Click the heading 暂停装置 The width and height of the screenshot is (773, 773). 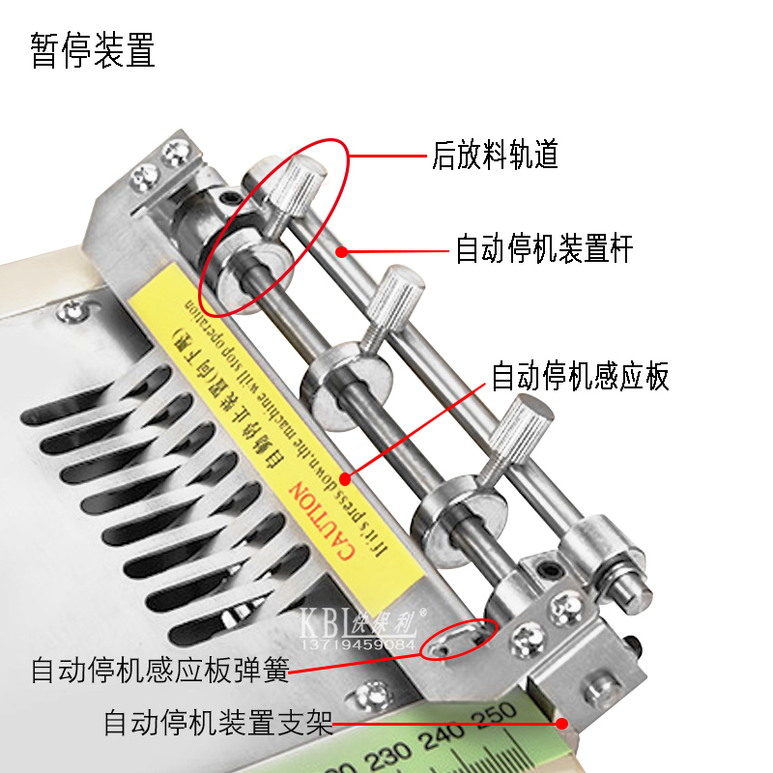click(x=93, y=50)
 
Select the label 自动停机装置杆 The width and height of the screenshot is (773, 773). click(x=544, y=251)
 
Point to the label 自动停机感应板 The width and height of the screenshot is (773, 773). click(x=580, y=376)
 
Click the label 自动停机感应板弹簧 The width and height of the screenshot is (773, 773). click(x=159, y=670)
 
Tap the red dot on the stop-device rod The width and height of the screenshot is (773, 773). click(x=341, y=251)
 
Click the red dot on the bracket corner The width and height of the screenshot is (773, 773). click(x=560, y=722)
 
